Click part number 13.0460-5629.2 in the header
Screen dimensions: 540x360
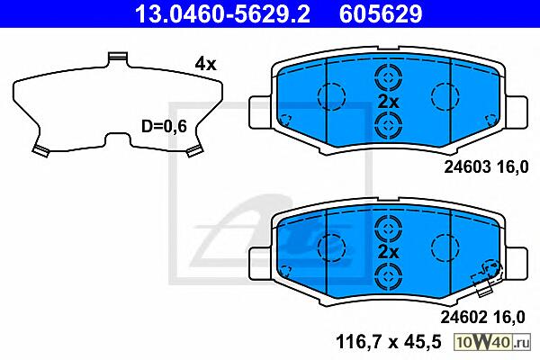(222, 13)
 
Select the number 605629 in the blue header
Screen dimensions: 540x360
(381, 13)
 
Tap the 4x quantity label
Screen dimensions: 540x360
(205, 64)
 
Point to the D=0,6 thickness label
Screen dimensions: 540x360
(164, 126)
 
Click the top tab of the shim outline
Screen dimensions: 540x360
(118, 58)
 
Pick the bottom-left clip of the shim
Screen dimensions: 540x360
(40, 150)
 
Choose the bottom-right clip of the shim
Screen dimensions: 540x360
(193, 151)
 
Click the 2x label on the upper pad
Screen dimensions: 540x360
(388, 103)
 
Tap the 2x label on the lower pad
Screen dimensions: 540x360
(388, 252)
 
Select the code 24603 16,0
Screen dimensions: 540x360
(486, 167)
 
